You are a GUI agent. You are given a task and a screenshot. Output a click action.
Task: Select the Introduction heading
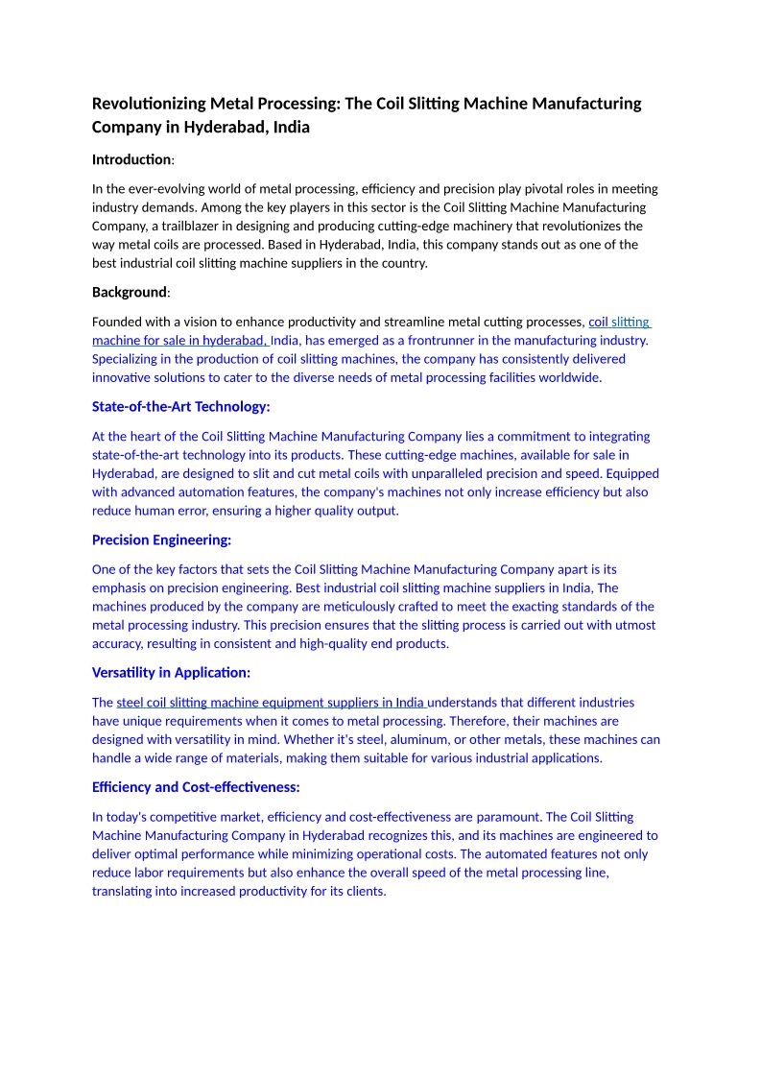point(131,159)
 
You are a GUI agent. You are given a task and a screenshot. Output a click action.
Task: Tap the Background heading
point(130,292)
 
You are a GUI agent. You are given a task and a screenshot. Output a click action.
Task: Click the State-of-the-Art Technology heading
point(181,407)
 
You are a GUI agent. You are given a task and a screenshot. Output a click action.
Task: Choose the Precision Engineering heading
point(161,540)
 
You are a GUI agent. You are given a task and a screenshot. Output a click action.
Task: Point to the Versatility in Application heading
point(171,673)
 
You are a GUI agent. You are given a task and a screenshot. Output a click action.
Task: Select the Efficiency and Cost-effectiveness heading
point(196,787)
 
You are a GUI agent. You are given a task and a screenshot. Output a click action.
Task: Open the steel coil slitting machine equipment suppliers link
point(271,703)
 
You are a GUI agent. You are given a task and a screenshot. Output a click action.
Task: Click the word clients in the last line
point(364,892)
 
